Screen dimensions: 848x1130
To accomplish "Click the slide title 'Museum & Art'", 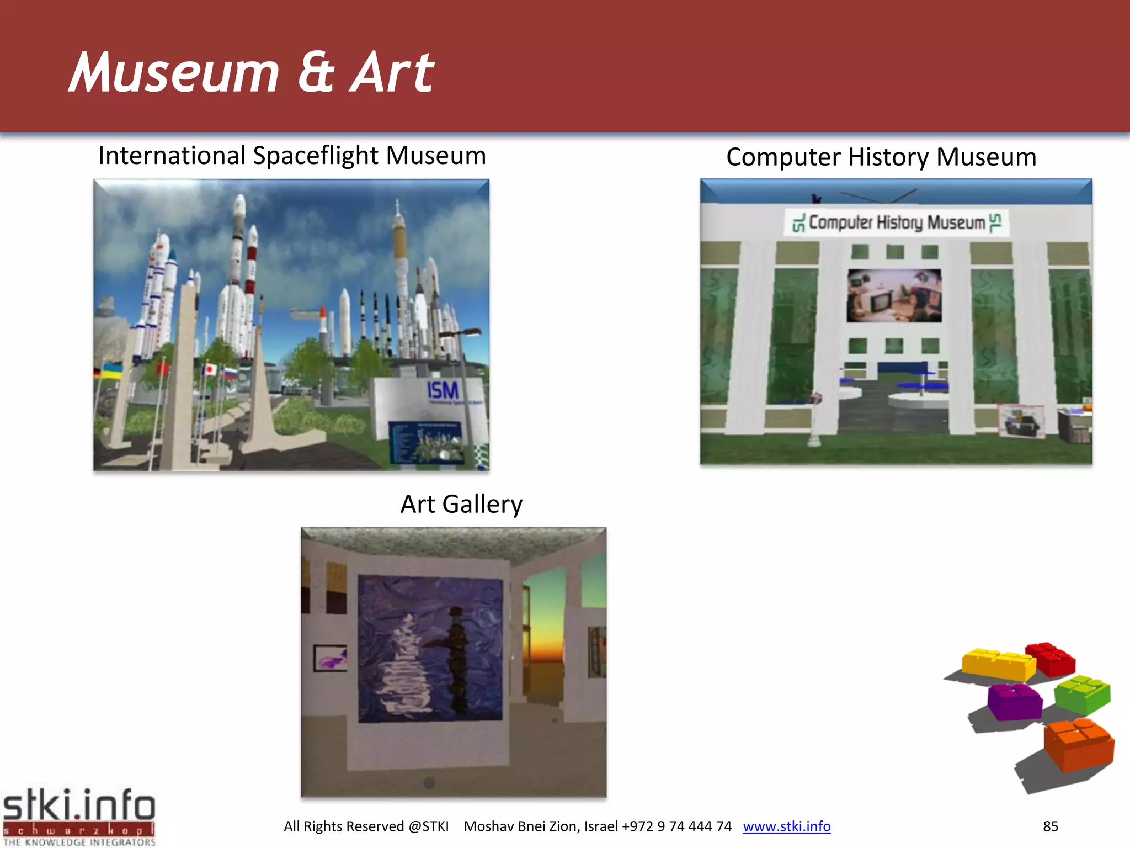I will coord(251,72).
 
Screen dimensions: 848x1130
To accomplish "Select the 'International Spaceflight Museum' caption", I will coord(292,156).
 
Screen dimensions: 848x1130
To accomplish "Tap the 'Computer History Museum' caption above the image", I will coord(881,157).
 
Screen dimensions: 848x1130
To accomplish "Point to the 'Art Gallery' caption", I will coord(461,504).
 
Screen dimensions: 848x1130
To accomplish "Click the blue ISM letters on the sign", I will coord(443,391).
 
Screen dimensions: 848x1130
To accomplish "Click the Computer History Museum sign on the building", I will coord(896,222).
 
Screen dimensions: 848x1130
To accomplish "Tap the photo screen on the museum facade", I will coord(894,295).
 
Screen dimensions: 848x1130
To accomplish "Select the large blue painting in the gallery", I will coord(430,649).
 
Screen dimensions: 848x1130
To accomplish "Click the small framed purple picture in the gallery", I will coord(331,658).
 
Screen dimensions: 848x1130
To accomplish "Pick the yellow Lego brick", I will coord(998,664).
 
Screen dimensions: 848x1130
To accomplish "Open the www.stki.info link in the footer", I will coord(786,826).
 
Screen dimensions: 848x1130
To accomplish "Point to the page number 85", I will coord(1050,826).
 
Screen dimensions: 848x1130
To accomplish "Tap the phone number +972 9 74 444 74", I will coord(676,826).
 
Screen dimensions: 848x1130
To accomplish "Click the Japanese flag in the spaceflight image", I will coord(210,370).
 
